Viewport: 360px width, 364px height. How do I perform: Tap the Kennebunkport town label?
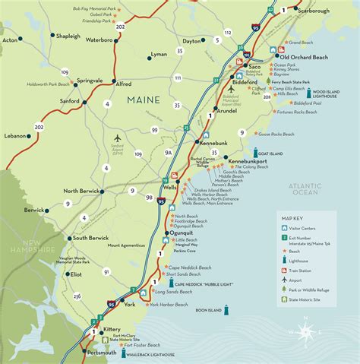pyautogui.click(x=239, y=163)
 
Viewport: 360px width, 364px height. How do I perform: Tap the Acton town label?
pyautogui.click(x=11, y=39)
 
